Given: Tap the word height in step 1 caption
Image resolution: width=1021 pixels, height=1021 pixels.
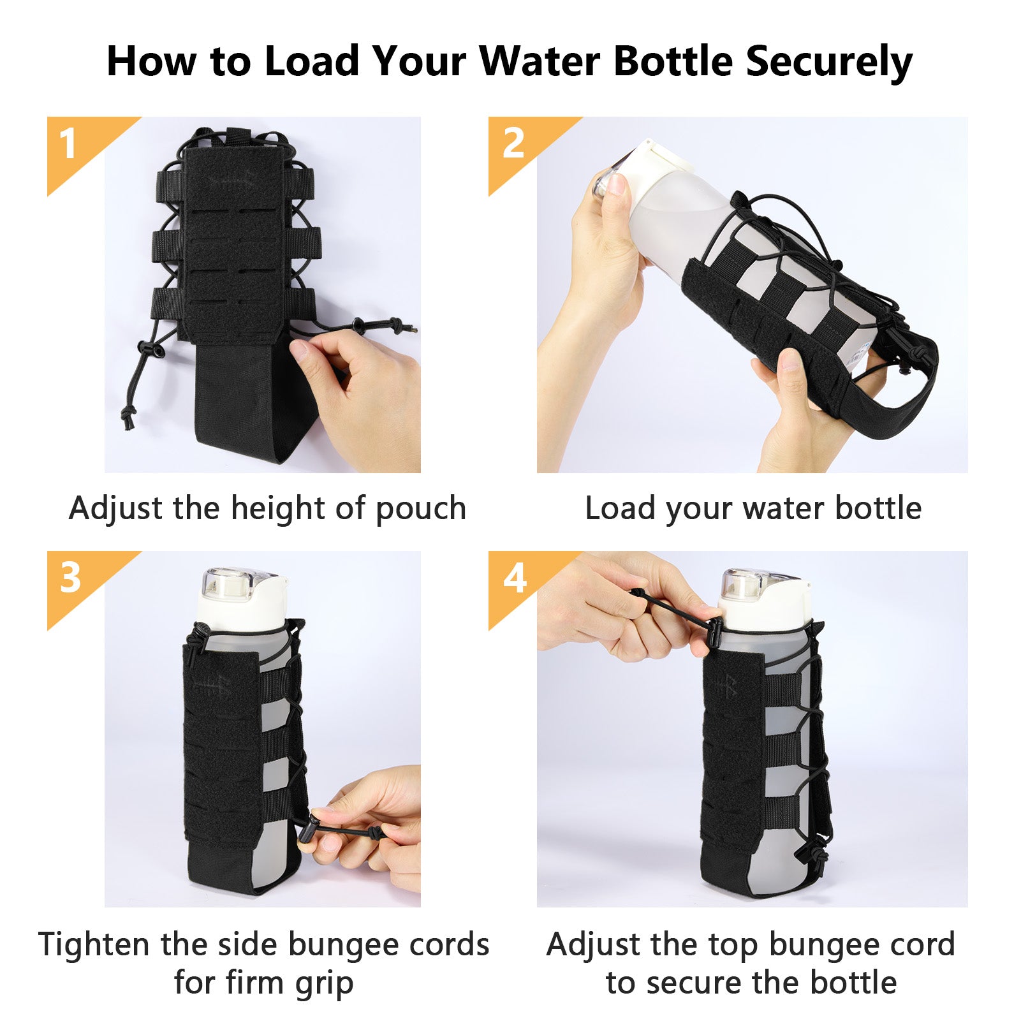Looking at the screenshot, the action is pos(279,509).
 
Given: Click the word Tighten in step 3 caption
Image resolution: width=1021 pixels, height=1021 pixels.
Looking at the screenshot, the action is pos(96,945).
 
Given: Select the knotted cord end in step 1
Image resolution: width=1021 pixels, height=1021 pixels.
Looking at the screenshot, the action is pos(128,418).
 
